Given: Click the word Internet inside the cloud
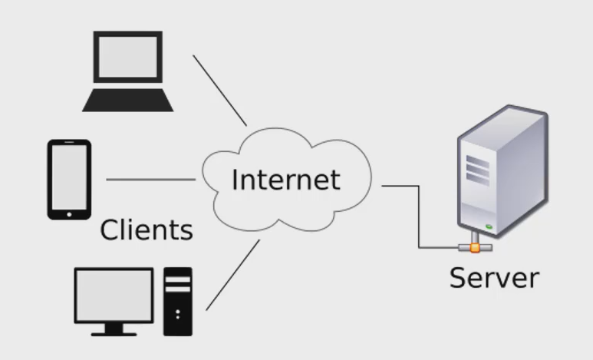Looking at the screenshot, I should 285,180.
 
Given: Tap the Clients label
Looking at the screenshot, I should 146,229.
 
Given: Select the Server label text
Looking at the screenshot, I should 494,277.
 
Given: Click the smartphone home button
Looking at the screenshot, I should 69,213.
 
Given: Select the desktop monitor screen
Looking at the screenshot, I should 113,295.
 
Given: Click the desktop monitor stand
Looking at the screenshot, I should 114,329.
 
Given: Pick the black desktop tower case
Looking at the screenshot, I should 177,301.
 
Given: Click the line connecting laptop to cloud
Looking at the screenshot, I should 219,90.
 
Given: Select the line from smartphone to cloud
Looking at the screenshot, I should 150,180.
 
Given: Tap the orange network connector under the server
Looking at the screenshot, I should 476,247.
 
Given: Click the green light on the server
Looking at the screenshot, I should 489,226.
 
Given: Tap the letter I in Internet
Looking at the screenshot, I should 236,179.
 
